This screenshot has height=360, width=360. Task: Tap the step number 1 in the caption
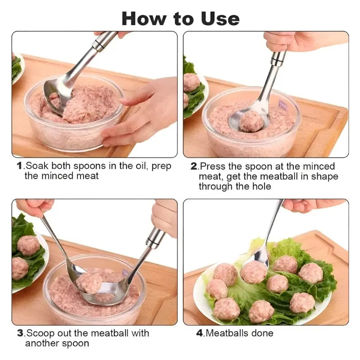[19, 166]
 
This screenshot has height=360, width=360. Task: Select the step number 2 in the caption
[194, 166]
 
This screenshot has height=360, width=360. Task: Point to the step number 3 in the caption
[20, 333]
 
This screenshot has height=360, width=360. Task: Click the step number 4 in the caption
[199, 333]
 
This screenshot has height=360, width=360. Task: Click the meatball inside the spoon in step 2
[252, 121]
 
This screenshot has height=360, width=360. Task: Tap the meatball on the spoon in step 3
[89, 283]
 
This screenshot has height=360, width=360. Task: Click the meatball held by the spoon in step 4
[254, 272]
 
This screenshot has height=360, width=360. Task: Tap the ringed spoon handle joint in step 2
[278, 58]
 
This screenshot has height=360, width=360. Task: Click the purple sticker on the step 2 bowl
[283, 106]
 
